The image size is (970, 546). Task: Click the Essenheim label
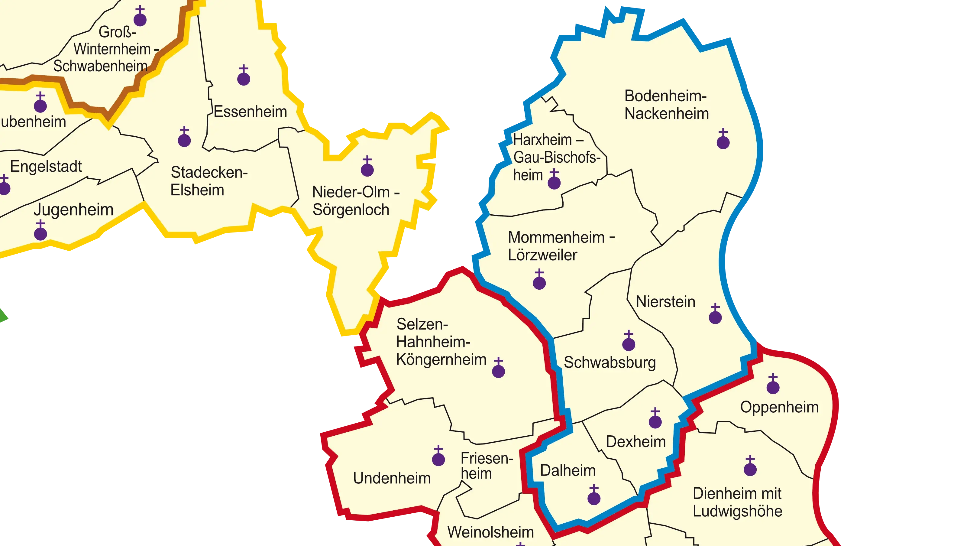click(251, 112)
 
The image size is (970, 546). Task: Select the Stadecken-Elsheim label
click(209, 181)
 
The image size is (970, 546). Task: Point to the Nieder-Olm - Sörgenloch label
click(355, 201)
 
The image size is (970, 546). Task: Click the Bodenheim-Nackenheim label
click(666, 105)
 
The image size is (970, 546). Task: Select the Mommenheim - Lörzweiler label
click(561, 246)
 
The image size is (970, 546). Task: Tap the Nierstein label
click(665, 302)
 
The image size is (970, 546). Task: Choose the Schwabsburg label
click(609, 362)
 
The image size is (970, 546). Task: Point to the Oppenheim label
click(779, 407)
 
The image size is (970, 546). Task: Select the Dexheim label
click(635, 442)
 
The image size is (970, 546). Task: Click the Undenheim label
click(392, 478)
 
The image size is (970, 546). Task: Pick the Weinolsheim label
click(490, 532)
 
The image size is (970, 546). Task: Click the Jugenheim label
click(73, 210)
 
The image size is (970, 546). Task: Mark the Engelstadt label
click(46, 166)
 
